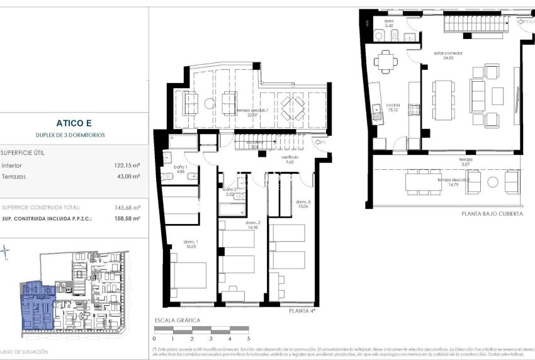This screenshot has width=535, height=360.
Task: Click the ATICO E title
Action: (x=74, y=123)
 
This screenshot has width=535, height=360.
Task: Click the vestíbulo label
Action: (x=289, y=159)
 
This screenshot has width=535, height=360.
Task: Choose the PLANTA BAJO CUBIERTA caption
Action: (x=492, y=214)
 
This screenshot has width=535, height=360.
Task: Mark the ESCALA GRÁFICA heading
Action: (x=177, y=320)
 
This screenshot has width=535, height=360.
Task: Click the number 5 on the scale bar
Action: (x=248, y=339)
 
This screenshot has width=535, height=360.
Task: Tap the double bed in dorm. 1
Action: (x=189, y=275)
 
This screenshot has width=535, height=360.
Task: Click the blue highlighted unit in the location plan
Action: (x=37, y=305)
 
